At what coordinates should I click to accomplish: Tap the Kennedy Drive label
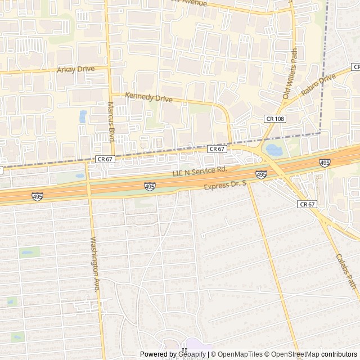click(148, 98)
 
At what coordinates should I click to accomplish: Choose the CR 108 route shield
click(275, 119)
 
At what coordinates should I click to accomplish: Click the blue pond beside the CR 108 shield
click(274, 150)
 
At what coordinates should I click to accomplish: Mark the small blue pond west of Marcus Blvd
click(83, 116)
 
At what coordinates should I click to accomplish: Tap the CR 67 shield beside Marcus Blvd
click(105, 159)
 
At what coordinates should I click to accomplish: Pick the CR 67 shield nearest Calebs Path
click(308, 204)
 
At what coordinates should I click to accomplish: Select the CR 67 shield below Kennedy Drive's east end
click(217, 149)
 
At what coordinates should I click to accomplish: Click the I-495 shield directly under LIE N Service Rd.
click(150, 186)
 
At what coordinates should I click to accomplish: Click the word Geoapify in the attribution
click(192, 354)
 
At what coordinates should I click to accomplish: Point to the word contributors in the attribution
click(339, 354)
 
